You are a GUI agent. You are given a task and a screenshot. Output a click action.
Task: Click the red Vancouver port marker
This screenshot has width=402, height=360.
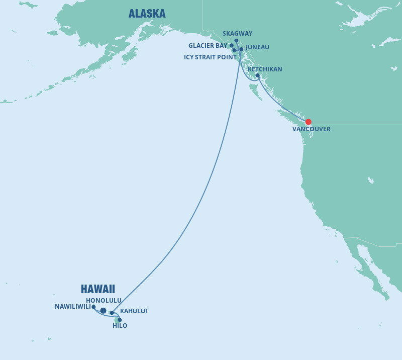click(x=308, y=122)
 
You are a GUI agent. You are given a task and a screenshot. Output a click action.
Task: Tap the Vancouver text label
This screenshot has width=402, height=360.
click(x=312, y=129)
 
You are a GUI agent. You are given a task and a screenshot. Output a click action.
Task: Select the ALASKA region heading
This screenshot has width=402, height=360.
click(x=147, y=14)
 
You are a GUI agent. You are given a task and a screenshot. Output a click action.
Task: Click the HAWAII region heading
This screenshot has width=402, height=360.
click(x=98, y=289)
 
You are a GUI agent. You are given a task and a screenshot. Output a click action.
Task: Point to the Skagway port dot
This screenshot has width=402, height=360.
click(x=236, y=41)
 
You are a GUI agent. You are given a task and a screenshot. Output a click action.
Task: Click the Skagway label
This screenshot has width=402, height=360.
click(x=237, y=34)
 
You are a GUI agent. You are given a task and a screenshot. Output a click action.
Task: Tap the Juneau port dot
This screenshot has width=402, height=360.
click(x=241, y=49)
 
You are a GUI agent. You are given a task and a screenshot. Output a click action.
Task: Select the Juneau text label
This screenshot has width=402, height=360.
click(x=257, y=47)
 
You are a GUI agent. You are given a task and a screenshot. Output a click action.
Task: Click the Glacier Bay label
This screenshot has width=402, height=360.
click(x=208, y=46)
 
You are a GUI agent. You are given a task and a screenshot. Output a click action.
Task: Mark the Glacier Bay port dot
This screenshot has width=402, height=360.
click(x=232, y=46)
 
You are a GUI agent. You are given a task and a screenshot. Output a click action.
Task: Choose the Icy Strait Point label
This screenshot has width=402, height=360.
click(x=210, y=57)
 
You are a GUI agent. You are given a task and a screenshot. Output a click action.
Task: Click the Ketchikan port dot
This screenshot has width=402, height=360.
click(x=257, y=76)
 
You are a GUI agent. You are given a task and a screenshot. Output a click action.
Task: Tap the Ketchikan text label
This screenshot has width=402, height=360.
click(x=265, y=69)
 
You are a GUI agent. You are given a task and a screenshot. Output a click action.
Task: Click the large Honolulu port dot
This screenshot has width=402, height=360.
click(x=103, y=311)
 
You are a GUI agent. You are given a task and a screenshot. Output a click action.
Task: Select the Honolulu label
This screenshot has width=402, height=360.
click(x=104, y=301)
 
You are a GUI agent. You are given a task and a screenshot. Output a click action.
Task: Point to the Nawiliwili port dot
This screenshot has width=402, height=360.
click(x=93, y=307)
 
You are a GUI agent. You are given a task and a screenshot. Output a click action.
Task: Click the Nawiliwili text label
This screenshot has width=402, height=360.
click(x=72, y=307)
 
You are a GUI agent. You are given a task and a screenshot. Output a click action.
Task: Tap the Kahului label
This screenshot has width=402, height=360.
click(x=134, y=311)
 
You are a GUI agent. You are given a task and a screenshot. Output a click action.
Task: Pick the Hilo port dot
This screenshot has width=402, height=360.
click(x=120, y=320)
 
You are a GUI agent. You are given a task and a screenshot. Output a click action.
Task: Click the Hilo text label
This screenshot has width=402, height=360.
click(x=120, y=326)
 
